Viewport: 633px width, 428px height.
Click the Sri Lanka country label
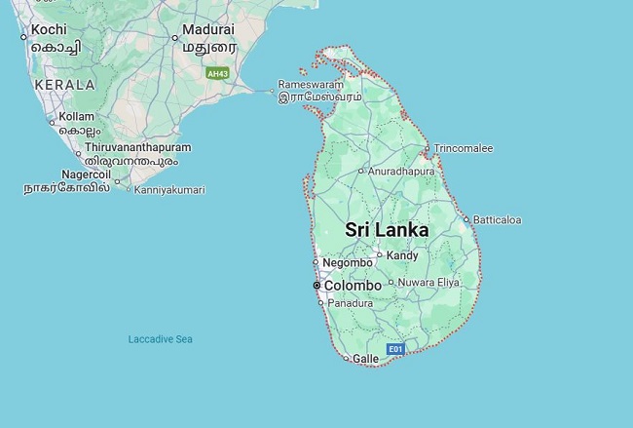click(x=387, y=230)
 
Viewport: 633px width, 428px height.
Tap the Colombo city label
click(x=352, y=286)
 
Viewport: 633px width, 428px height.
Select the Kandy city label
click(x=402, y=255)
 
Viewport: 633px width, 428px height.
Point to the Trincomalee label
click(x=464, y=148)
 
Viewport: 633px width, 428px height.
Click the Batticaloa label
click(x=497, y=220)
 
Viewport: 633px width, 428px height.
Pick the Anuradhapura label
click(x=400, y=171)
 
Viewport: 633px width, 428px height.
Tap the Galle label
click(x=365, y=359)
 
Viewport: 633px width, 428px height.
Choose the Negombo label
click(x=348, y=263)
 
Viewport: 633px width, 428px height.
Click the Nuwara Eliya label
click(x=429, y=283)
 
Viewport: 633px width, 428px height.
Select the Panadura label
click(x=351, y=303)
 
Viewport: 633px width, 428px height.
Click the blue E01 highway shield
click(x=394, y=348)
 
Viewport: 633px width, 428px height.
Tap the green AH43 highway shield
click(x=217, y=73)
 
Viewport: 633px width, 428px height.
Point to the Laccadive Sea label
click(x=161, y=339)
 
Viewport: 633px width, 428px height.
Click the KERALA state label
click(x=64, y=85)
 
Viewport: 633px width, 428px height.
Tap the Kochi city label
click(x=49, y=30)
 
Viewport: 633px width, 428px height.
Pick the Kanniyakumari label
click(x=169, y=190)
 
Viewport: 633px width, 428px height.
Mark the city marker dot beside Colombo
click(x=316, y=286)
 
